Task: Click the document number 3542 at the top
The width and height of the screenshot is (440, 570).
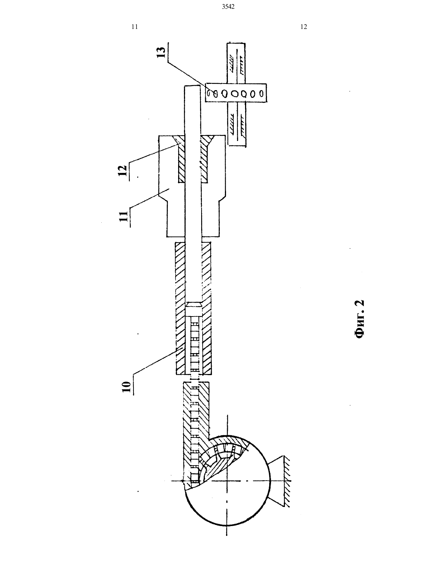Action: coord(228,7)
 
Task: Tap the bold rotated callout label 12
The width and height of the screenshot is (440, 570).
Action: coord(123,170)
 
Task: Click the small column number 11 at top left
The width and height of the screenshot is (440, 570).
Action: coord(135,27)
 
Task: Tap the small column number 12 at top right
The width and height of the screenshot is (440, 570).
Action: coord(304,27)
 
